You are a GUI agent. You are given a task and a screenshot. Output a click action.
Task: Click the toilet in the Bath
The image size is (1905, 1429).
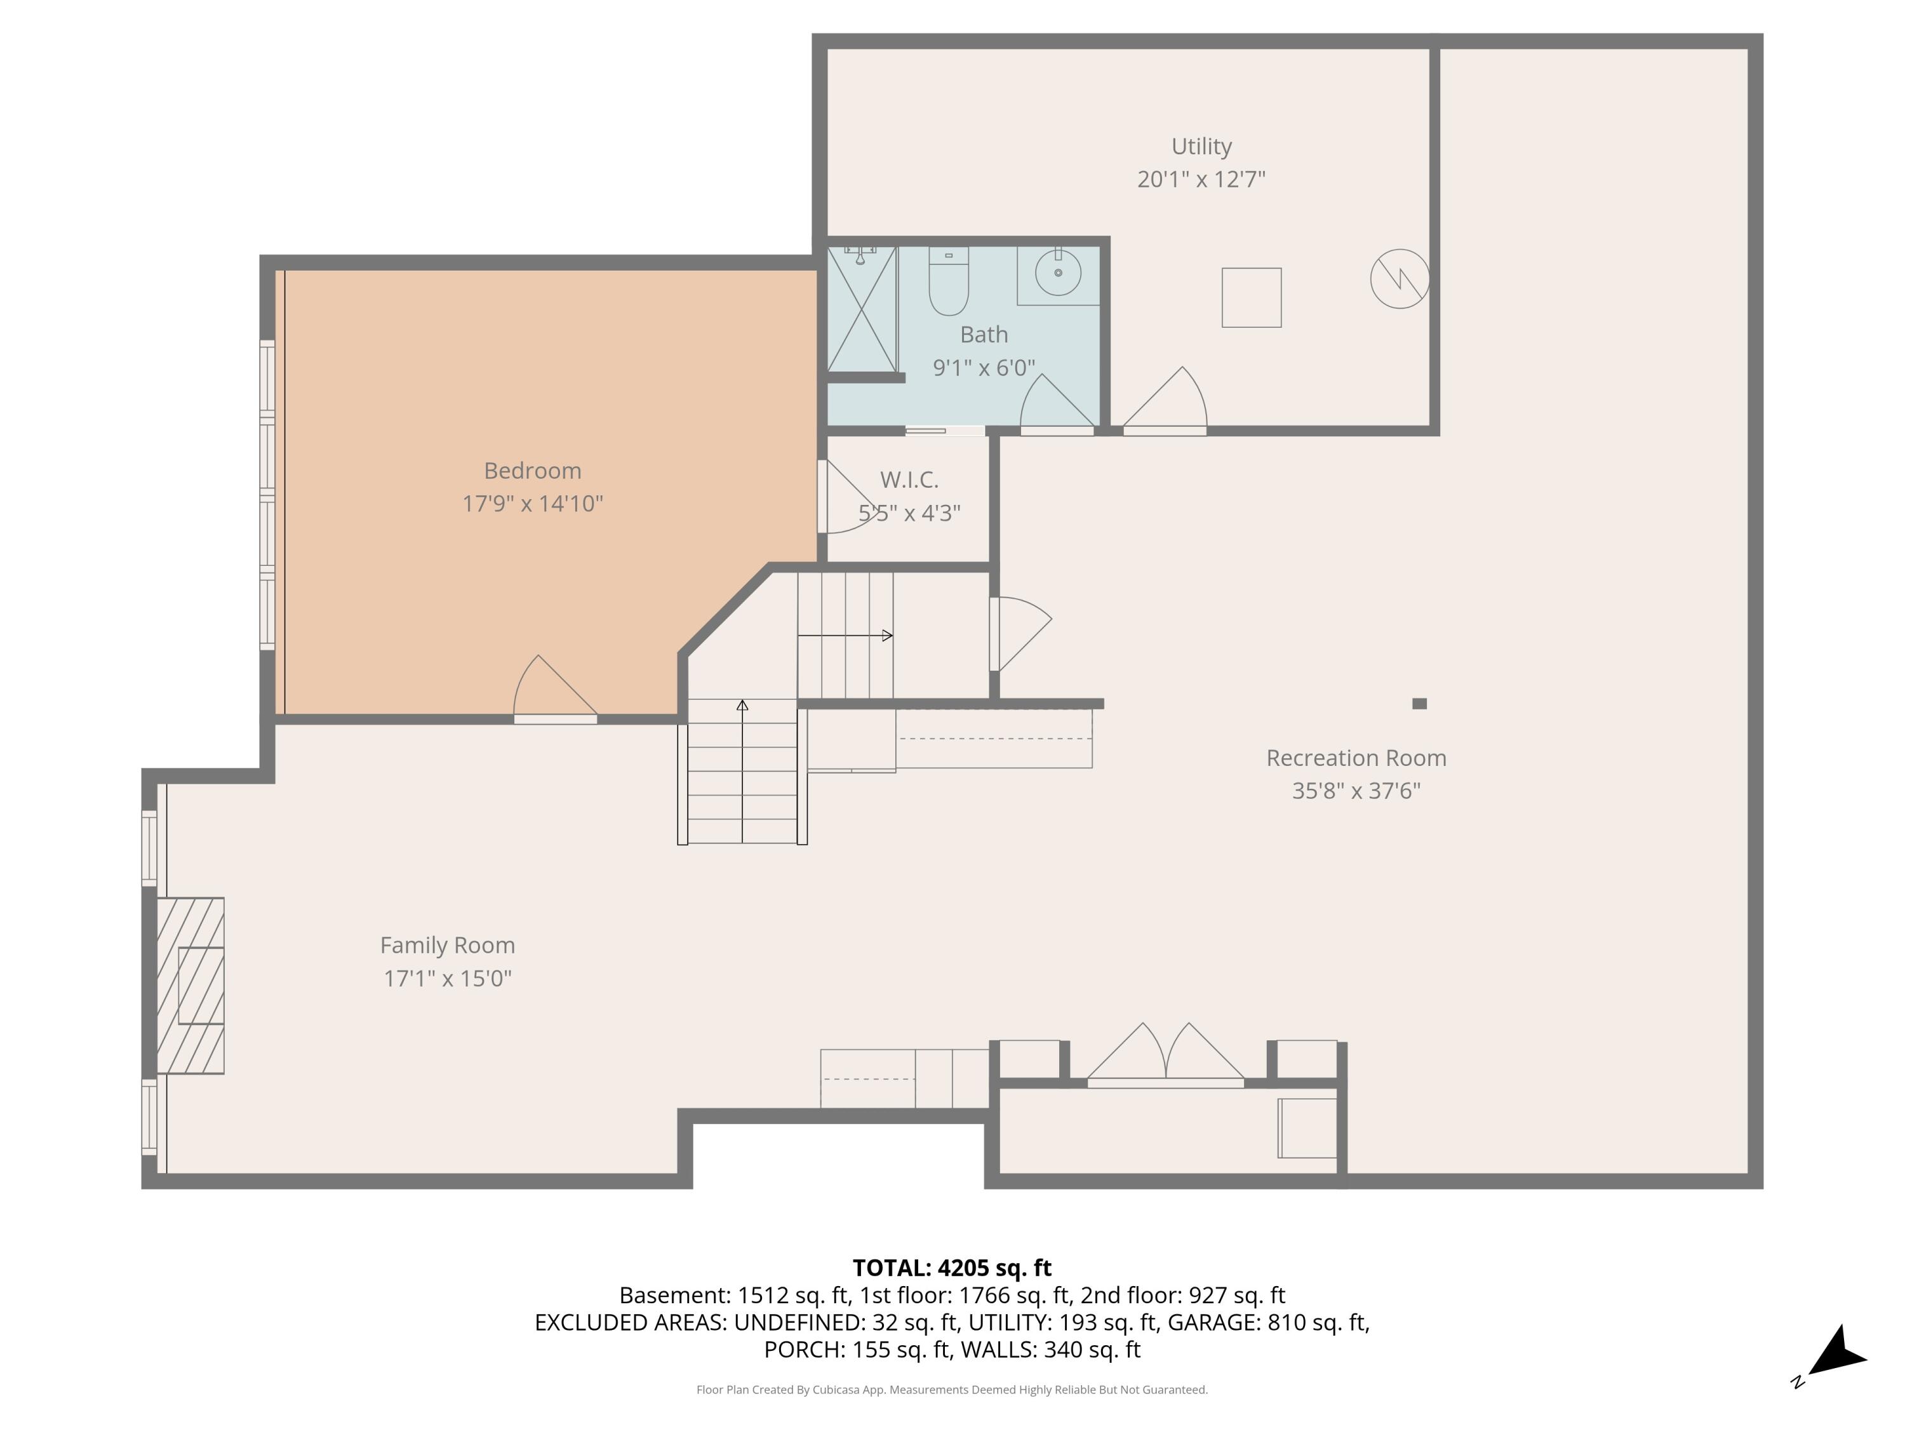pos(948,281)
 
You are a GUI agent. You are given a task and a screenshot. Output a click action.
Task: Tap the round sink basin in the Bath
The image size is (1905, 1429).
pos(1057,273)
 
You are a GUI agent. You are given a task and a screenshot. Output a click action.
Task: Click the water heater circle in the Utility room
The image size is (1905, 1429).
pos(1400,279)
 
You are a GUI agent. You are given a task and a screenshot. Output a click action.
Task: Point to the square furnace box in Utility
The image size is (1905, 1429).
pos(1252,298)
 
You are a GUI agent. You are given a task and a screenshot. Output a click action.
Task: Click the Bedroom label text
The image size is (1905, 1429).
pos(532,471)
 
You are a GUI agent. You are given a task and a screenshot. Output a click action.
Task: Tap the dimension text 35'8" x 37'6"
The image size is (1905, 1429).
pos(1356,791)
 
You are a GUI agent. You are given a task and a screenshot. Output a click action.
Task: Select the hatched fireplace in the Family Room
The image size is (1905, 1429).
pos(190,986)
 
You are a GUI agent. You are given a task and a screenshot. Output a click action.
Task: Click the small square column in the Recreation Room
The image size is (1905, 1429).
pos(1419,704)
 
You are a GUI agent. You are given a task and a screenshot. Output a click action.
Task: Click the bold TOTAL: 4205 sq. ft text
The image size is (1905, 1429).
pos(952,1268)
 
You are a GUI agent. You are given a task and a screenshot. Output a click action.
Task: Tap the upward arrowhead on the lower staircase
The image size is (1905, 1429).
pos(742,706)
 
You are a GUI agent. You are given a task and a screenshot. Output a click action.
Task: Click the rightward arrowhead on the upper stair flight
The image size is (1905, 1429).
pos(887,636)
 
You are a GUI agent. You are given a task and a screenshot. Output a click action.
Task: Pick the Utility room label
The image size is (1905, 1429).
pos(1201,147)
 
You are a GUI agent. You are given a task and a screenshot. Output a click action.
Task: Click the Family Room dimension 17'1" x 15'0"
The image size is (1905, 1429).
pos(447,979)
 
